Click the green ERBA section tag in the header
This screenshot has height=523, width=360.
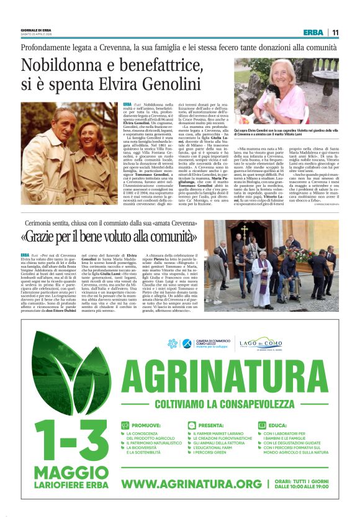pos(313,32)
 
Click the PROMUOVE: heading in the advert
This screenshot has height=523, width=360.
pos(144,425)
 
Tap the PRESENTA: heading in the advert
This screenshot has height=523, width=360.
pos(212,425)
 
